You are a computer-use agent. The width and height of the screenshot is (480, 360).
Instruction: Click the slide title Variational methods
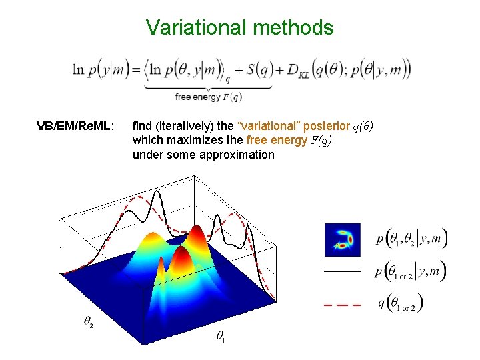click(239, 27)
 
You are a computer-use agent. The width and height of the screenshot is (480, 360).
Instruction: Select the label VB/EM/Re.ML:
click(75, 125)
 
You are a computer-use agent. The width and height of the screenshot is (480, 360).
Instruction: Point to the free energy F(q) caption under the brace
click(208, 97)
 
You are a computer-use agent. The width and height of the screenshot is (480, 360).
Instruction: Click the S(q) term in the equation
click(256, 69)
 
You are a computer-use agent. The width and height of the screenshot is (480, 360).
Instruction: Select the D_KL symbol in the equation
click(293, 71)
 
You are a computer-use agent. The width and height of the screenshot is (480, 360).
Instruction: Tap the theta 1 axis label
click(221, 337)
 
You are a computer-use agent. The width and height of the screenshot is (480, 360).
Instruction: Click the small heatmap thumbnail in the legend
click(342, 240)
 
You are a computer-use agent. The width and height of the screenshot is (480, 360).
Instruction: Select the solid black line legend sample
click(342, 271)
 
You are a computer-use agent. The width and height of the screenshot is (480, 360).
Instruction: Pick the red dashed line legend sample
click(342, 305)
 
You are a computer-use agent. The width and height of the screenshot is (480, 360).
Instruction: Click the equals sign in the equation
click(135, 69)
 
